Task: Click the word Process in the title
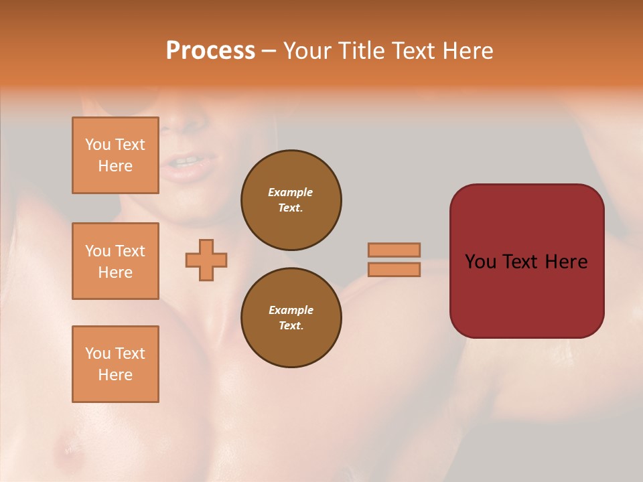(210, 51)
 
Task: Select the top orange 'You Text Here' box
(115, 155)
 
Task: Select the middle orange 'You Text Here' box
(115, 261)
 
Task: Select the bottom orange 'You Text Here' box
(115, 364)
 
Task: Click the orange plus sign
(206, 260)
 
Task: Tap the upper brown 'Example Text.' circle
(291, 199)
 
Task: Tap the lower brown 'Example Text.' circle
(291, 317)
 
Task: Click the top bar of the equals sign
(394, 250)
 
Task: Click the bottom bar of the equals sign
(394, 269)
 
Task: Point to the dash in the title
(269, 51)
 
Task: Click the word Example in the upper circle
(291, 192)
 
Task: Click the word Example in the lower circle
(291, 310)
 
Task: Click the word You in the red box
(481, 262)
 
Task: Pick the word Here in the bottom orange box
(115, 375)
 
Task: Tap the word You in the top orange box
(98, 145)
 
